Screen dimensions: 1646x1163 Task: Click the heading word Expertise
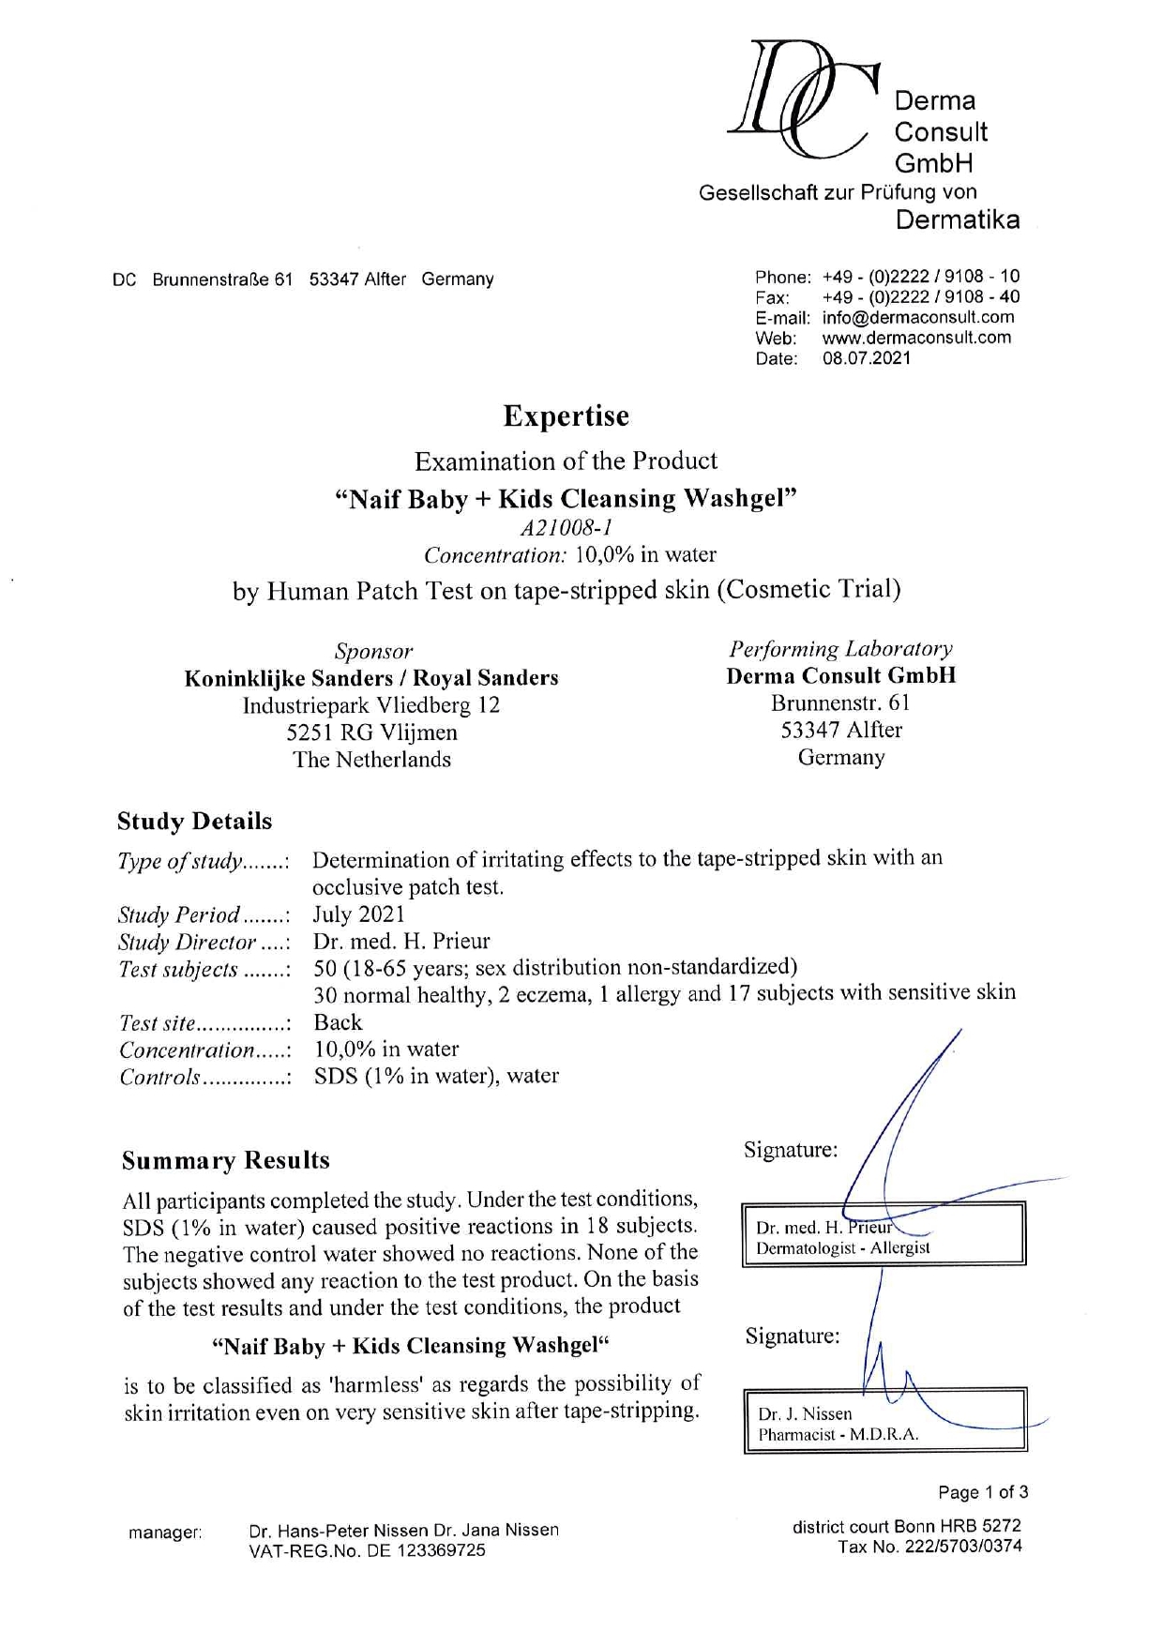566,415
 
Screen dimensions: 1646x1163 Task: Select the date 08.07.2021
867,358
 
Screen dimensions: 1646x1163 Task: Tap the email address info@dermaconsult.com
918,317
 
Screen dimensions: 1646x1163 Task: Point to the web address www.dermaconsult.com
916,338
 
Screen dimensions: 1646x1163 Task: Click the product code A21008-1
566,527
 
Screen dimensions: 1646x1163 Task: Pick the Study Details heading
194,822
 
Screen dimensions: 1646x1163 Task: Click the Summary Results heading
225,1160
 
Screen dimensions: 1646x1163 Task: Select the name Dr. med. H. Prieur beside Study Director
400,941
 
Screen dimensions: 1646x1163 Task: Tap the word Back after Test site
338,1022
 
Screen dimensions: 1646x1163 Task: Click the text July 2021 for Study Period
358,914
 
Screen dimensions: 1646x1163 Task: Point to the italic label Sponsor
372,651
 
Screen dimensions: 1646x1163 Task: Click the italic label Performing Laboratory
840,649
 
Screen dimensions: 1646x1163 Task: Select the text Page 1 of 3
983,1492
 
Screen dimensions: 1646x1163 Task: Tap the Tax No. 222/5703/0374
930,1547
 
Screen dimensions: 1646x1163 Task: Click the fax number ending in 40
921,296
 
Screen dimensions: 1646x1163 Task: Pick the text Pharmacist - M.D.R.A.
838,1434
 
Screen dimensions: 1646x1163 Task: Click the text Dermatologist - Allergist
842,1248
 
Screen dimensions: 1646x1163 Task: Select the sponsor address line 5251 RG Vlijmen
371,732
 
